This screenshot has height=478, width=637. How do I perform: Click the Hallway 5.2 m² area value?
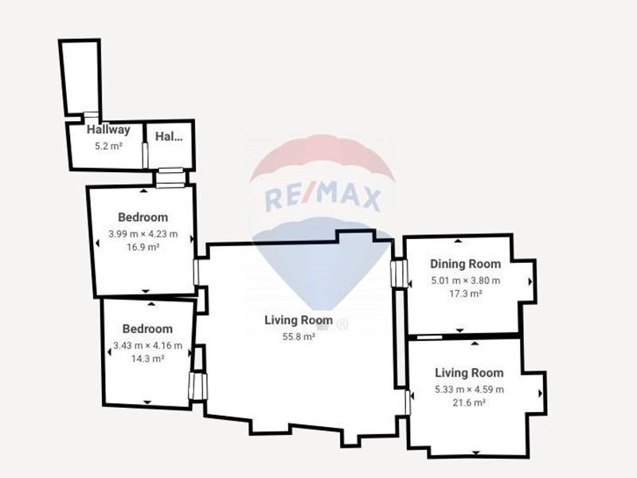108,146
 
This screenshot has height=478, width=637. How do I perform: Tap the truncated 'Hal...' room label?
169,136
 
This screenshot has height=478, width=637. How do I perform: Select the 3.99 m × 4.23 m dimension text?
143,234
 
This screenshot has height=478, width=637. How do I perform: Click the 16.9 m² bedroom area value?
143,247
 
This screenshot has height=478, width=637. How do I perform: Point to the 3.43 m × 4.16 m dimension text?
147,346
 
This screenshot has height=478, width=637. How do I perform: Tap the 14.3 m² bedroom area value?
147,359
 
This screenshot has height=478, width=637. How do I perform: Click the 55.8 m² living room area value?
299,337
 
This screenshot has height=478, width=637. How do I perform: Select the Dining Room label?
466,264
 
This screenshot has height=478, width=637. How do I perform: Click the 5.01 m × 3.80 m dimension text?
466,281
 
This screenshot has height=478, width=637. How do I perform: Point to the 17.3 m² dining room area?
466,293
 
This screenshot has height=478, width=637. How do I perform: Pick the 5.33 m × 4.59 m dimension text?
469,390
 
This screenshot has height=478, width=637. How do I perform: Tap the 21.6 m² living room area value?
469,403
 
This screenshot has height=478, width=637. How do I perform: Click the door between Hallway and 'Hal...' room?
145,155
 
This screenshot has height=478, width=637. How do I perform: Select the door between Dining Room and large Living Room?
399,273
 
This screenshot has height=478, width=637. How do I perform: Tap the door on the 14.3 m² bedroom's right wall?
197,386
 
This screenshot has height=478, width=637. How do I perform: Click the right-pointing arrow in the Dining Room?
530,281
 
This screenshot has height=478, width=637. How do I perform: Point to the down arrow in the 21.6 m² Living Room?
476,453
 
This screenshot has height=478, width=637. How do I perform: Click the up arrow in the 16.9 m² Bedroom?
144,190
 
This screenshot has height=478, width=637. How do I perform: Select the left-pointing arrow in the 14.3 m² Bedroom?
109,352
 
